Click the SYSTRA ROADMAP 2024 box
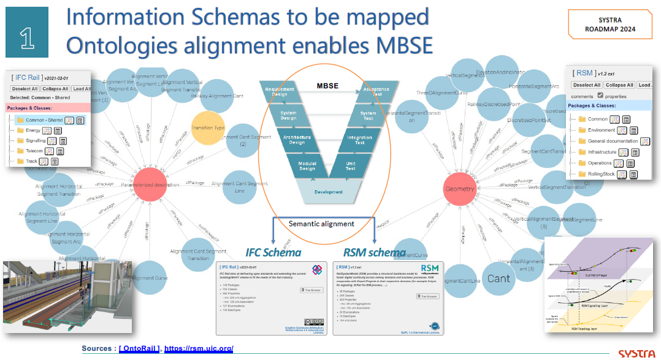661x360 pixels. (x=609, y=25)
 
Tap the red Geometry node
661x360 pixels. (x=460, y=190)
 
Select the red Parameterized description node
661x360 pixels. (x=150, y=185)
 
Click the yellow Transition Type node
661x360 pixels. (x=208, y=128)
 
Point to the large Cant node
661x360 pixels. (x=499, y=278)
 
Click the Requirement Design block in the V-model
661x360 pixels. (x=280, y=93)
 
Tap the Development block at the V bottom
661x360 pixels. (x=329, y=192)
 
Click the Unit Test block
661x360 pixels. (x=351, y=166)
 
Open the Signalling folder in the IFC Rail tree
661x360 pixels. (x=36, y=140)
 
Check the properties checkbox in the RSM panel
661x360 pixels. (x=599, y=96)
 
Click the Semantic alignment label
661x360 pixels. (x=321, y=224)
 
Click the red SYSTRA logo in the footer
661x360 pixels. (x=638, y=354)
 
